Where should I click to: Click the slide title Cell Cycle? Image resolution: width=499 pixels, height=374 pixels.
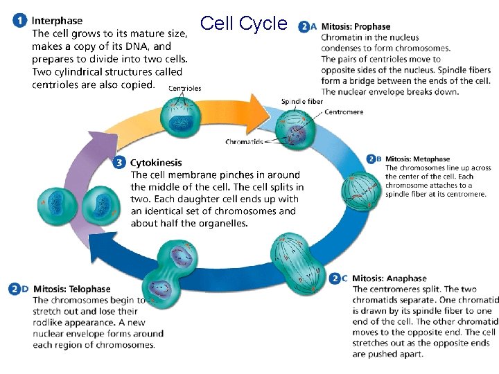243,24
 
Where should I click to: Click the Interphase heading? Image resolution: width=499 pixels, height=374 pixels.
57,21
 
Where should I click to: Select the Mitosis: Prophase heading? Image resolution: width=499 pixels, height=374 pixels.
356,27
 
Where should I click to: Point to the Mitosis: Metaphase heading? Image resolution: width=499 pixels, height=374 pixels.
417,159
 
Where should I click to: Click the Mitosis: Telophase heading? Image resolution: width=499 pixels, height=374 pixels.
71,289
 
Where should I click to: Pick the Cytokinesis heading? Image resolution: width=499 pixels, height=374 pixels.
157,163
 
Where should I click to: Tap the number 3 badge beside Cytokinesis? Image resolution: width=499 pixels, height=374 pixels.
119,163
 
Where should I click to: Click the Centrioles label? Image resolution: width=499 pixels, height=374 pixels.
185,89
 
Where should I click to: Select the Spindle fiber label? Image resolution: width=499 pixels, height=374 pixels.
301,101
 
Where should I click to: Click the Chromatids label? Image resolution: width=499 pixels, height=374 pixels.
243,142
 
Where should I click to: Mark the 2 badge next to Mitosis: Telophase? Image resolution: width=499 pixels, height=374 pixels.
15,289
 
